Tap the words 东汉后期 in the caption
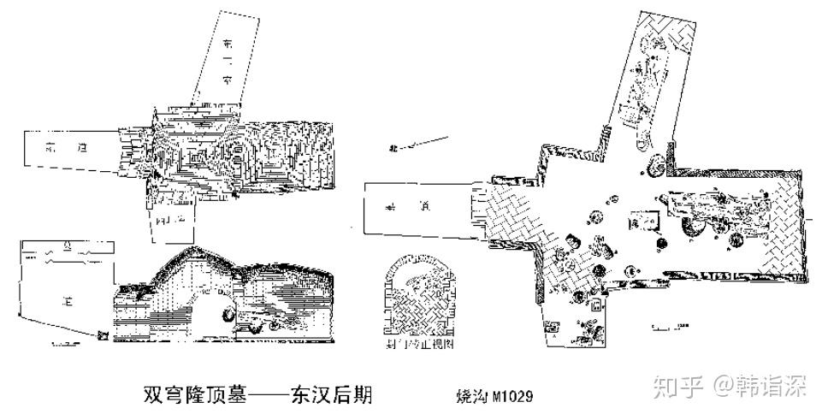point(331,395)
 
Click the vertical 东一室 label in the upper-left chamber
point(228,60)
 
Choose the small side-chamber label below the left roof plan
point(172,220)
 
